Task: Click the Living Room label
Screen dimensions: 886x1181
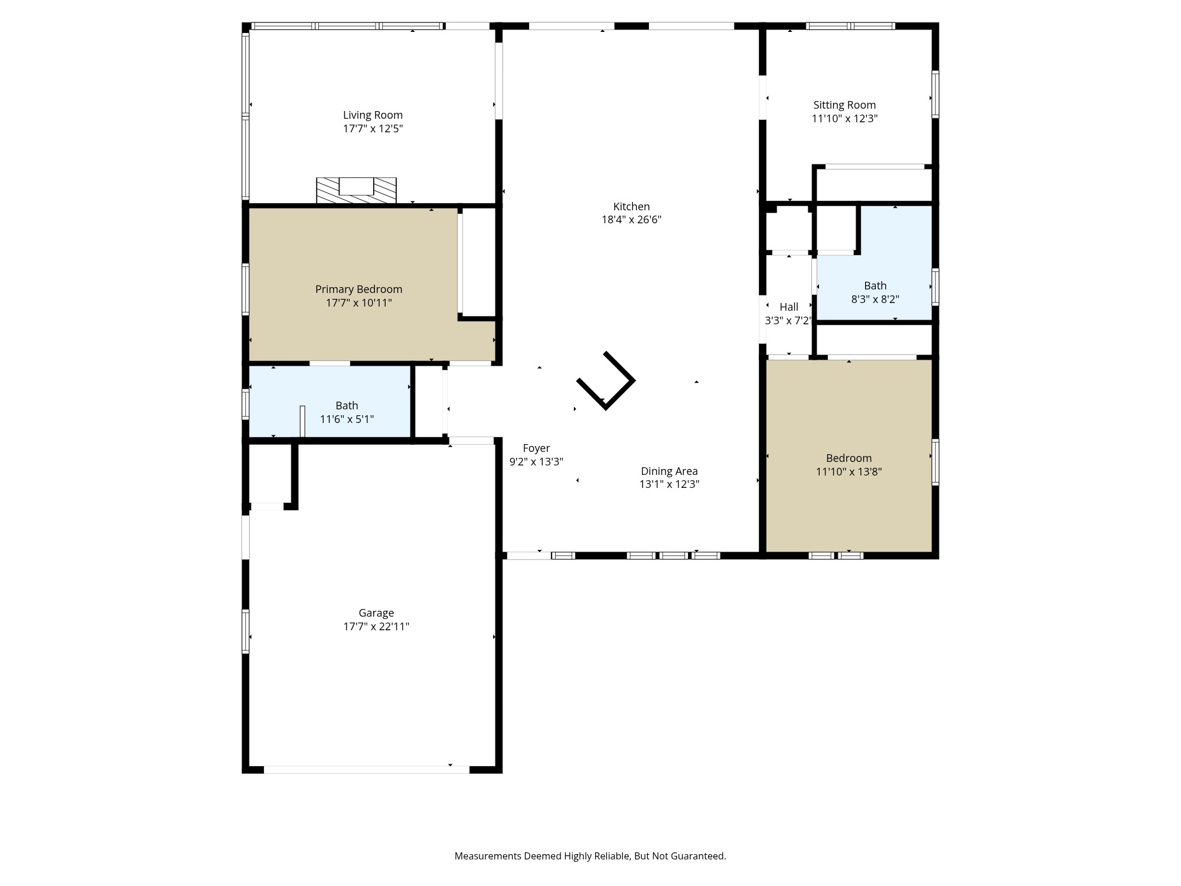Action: pos(373,115)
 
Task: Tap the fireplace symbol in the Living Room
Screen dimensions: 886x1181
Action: pos(356,190)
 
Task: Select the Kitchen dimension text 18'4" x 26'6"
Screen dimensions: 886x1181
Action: pos(631,220)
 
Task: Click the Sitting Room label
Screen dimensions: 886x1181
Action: pos(844,105)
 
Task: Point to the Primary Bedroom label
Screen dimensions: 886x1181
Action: pos(358,289)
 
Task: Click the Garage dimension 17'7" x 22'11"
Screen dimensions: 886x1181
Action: pos(376,627)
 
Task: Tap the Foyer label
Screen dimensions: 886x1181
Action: pos(536,448)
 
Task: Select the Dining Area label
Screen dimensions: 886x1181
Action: pos(669,471)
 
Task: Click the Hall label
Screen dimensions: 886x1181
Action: pos(789,307)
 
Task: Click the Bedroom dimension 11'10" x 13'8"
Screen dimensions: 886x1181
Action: pos(849,472)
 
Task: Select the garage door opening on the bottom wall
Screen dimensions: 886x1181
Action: pos(366,770)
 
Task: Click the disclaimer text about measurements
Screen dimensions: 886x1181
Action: pos(590,856)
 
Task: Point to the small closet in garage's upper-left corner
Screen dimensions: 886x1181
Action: pos(270,474)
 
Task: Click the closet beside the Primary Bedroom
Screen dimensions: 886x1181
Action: pos(478,262)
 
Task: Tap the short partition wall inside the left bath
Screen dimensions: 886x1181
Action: pos(302,421)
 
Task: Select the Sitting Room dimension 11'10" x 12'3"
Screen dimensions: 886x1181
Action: pos(844,119)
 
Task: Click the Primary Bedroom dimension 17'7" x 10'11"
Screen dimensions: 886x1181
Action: pos(358,303)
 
